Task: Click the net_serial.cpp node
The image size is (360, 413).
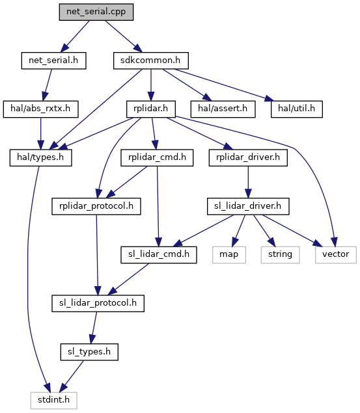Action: pyautogui.click(x=96, y=12)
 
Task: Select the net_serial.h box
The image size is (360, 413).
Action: pyautogui.click(x=53, y=60)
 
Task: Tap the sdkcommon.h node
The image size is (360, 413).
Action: pyautogui.click(x=151, y=60)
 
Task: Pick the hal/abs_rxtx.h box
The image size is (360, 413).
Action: pyautogui.click(x=40, y=109)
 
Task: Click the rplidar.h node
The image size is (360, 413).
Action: pyautogui.click(x=151, y=109)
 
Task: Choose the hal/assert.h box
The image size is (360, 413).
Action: pyautogui.click(x=223, y=109)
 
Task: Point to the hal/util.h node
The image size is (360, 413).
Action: pyautogui.click(x=296, y=109)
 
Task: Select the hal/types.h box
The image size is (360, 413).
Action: pyautogui.click(x=40, y=158)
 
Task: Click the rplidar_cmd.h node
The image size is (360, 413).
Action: pyautogui.click(x=157, y=158)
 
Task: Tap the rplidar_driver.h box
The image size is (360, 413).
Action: pyautogui.click(x=248, y=158)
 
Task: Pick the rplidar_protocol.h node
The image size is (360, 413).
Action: pyautogui.click(x=96, y=206)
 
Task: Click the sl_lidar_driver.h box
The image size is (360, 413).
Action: pyautogui.click(x=248, y=206)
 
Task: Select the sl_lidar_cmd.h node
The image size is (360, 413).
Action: pyautogui.click(x=159, y=255)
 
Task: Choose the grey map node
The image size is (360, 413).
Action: pyautogui.click(x=229, y=255)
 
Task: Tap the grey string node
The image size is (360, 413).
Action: pyautogui.click(x=280, y=255)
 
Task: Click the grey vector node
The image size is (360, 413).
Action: pyautogui.click(x=336, y=255)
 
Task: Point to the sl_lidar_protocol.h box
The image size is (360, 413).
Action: pyautogui.click(x=98, y=304)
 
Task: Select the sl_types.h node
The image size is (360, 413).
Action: pyautogui.click(x=89, y=352)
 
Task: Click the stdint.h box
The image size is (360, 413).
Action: pyautogui.click(x=53, y=401)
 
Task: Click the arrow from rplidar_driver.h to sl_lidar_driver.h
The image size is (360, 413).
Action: pyautogui.click(x=248, y=182)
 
